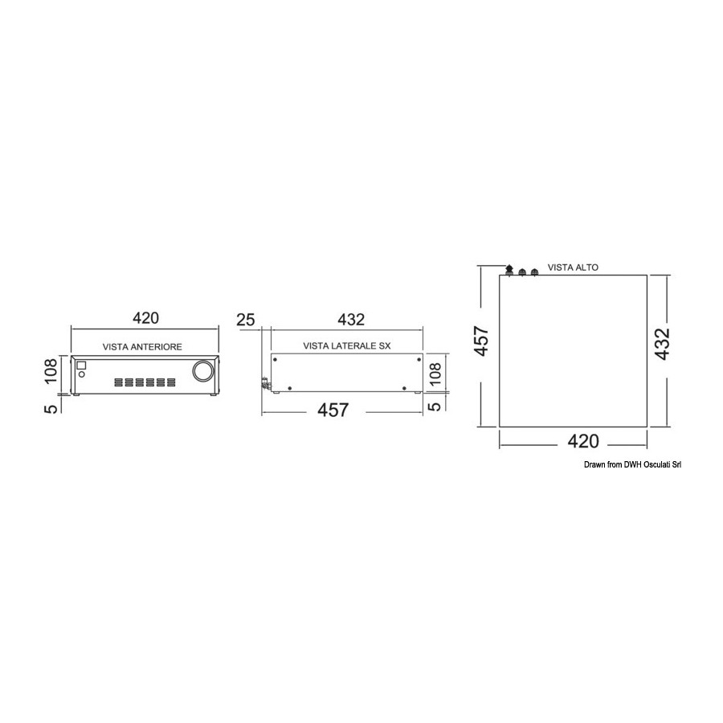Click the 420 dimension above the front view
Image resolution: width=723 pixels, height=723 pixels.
click(145, 318)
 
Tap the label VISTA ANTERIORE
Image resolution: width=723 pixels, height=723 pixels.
click(142, 347)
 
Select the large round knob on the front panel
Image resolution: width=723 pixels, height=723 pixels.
click(203, 371)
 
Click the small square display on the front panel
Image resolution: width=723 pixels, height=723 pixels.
click(81, 366)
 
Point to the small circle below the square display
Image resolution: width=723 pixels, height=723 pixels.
click(82, 374)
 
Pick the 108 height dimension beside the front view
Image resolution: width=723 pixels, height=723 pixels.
click(51, 370)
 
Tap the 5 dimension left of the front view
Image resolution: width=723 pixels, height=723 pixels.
click(52, 409)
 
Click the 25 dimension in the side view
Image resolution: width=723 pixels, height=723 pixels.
click(246, 320)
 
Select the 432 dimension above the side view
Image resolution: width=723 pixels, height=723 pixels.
click(351, 320)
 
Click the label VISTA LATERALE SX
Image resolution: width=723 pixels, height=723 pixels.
click(347, 345)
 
